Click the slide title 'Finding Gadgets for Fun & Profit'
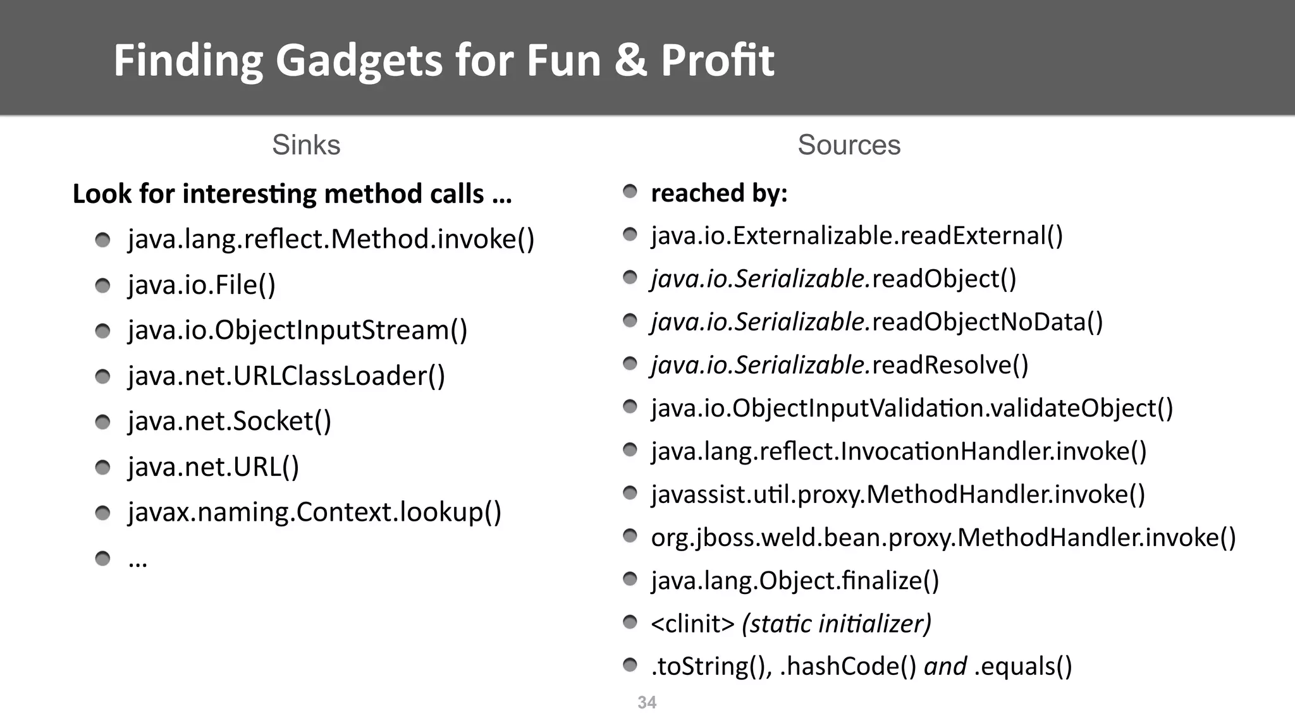[x=444, y=61]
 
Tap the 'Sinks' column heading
[x=306, y=145]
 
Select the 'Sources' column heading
[x=849, y=145]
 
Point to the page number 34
[x=647, y=702]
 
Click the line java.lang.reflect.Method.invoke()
[x=331, y=240]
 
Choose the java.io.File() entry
[x=202, y=285]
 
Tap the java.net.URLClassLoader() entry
[x=286, y=376]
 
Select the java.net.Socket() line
[x=230, y=422]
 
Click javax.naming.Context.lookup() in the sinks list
[x=314, y=513]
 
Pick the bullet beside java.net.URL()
[x=102, y=468]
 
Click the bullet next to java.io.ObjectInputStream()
[x=102, y=331]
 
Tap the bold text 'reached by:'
[x=719, y=193]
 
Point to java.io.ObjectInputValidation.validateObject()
[x=912, y=408]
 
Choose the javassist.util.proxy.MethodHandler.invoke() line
[x=898, y=494]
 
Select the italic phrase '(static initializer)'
[x=836, y=624]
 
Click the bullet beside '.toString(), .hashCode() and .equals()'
[x=630, y=665]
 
